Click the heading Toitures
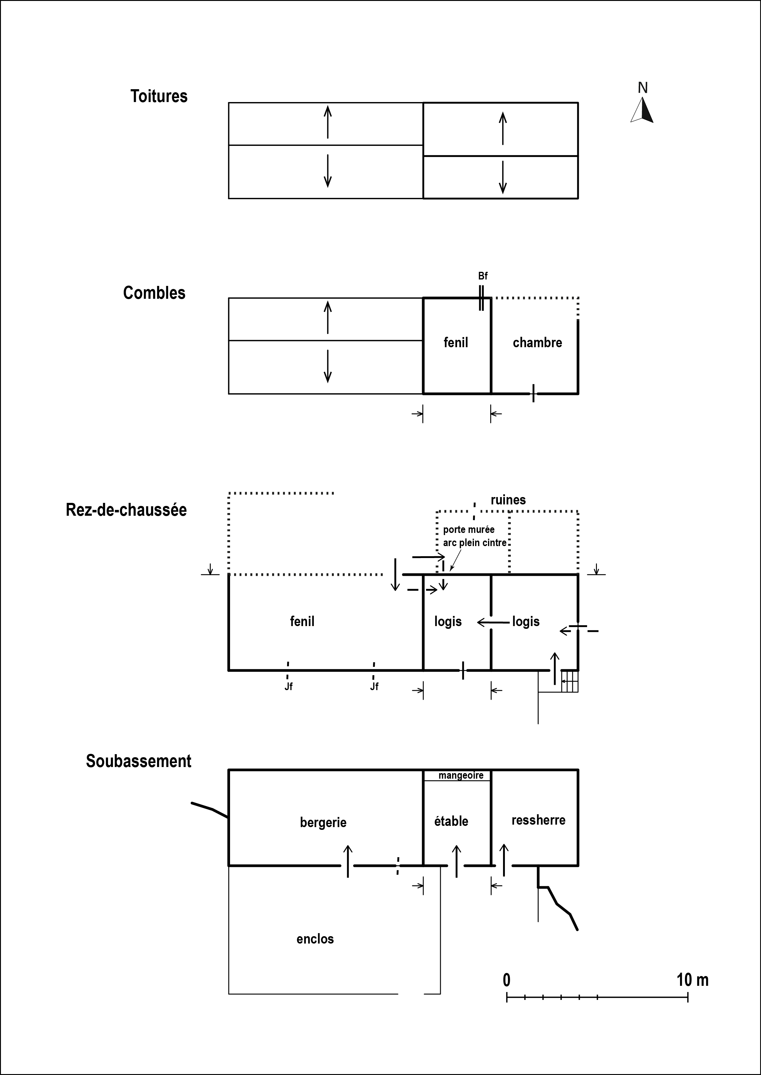[x=159, y=96]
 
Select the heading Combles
[x=154, y=293]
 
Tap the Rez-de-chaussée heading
[x=126, y=510]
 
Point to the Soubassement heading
[x=138, y=761]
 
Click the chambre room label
[x=537, y=343]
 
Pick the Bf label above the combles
[x=483, y=276]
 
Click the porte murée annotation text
[x=469, y=530]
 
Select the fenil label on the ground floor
[x=302, y=621]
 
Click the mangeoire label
[x=461, y=775]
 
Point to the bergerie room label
[x=323, y=822]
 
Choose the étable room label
[x=451, y=821]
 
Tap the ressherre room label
[x=538, y=820]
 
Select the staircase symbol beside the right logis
[x=570, y=681]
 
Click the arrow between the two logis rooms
[x=493, y=622]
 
